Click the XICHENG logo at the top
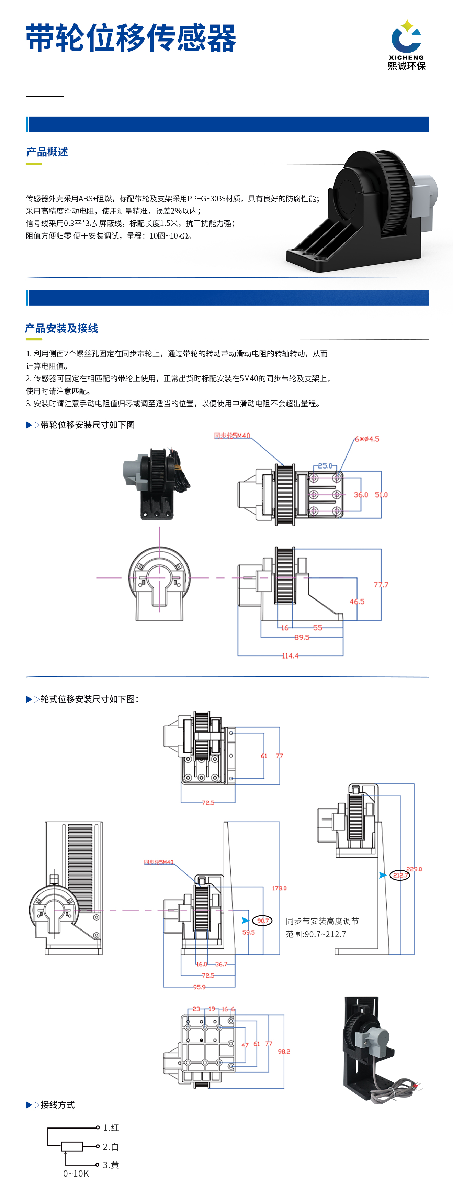pyautogui.click(x=406, y=45)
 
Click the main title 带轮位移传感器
pyautogui.click(x=131, y=38)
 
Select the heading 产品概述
pyautogui.click(x=47, y=152)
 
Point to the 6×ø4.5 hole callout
pyautogui.click(x=367, y=439)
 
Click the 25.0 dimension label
pyautogui.click(x=325, y=465)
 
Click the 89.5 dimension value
pyautogui.click(x=302, y=637)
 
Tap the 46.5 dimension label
pyautogui.click(x=357, y=601)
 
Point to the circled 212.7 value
pyautogui.click(x=399, y=875)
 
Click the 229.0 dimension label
pyautogui.click(x=414, y=869)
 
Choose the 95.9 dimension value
pyautogui.click(x=199, y=987)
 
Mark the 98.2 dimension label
pyautogui.click(x=284, y=1052)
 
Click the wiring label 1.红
pyautogui.click(x=111, y=1127)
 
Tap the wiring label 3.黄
pyautogui.click(x=111, y=1165)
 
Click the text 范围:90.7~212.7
pyautogui.click(x=316, y=934)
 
